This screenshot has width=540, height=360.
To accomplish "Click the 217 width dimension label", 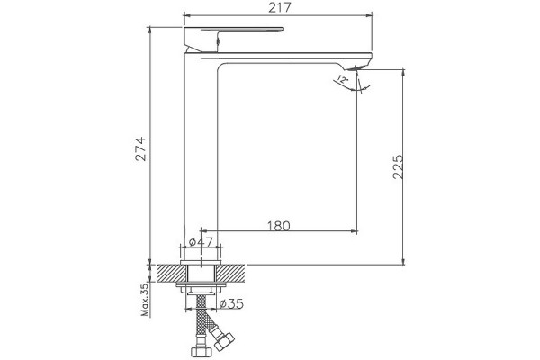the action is (x=280, y=7).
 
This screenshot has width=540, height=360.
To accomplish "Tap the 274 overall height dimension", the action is (x=140, y=148).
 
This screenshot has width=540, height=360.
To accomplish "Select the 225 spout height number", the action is (x=398, y=166).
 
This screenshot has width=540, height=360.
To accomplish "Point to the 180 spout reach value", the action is (x=279, y=226).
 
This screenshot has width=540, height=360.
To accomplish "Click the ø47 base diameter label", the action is (x=201, y=241).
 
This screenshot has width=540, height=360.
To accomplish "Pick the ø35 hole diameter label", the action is (x=231, y=304).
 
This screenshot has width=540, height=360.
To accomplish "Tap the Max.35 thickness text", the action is (x=145, y=300).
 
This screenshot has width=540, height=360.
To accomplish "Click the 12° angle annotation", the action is (x=343, y=79).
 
